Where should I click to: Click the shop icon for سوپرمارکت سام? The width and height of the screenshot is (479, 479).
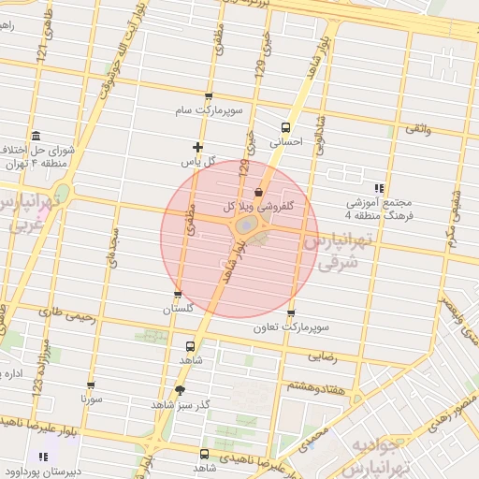pyautogui.click(x=208, y=96)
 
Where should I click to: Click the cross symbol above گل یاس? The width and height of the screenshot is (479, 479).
pyautogui.click(x=197, y=146)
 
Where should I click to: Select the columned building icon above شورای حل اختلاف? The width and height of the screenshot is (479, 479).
pyautogui.click(x=35, y=135)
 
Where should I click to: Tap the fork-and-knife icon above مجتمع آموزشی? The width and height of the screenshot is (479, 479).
pyautogui.click(x=379, y=187)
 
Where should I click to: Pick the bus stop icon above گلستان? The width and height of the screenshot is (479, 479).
pyautogui.click(x=178, y=294)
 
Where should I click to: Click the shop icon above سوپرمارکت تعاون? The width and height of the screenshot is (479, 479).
pyautogui.click(x=291, y=312)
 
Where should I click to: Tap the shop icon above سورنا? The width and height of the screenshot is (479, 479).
pyautogui.click(x=90, y=384)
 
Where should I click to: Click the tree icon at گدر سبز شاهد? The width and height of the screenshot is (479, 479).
pyautogui.click(x=180, y=390)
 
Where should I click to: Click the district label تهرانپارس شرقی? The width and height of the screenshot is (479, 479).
pyautogui.click(x=337, y=252)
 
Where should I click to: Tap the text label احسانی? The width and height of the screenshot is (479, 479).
pyautogui.click(x=286, y=144)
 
